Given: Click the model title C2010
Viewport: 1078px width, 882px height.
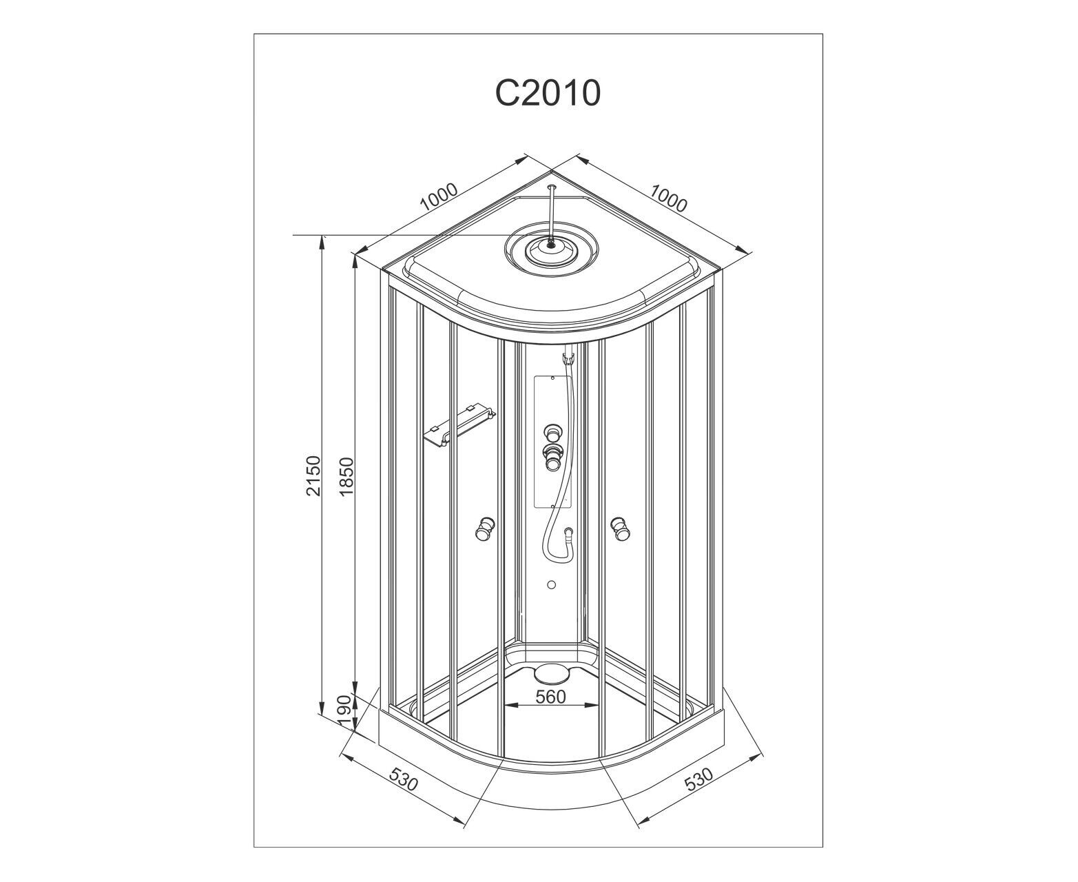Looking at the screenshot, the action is point(548,93).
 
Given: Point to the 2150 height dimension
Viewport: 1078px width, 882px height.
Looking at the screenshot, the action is point(314,475).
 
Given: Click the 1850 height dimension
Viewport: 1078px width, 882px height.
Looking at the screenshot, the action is point(346,476).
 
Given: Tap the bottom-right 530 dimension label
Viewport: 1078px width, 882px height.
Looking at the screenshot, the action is point(698,780).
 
